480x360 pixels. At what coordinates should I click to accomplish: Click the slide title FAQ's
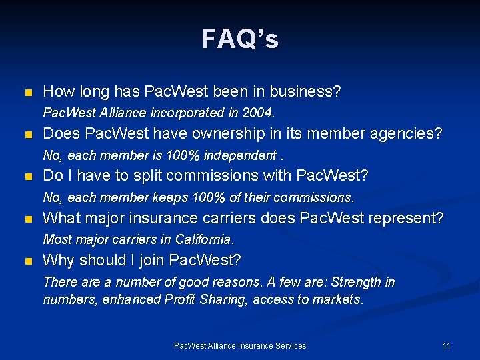[x=240, y=39]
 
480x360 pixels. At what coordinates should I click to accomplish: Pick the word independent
[x=242, y=155]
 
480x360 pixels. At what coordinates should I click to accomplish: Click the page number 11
[x=447, y=345]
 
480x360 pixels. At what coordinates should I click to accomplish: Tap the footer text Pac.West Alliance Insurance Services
[x=240, y=345]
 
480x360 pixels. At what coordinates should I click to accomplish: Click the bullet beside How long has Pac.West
[x=27, y=92]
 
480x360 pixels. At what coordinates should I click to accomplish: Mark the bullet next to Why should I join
[x=27, y=261]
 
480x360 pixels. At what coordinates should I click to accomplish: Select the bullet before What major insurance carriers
[x=27, y=219]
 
